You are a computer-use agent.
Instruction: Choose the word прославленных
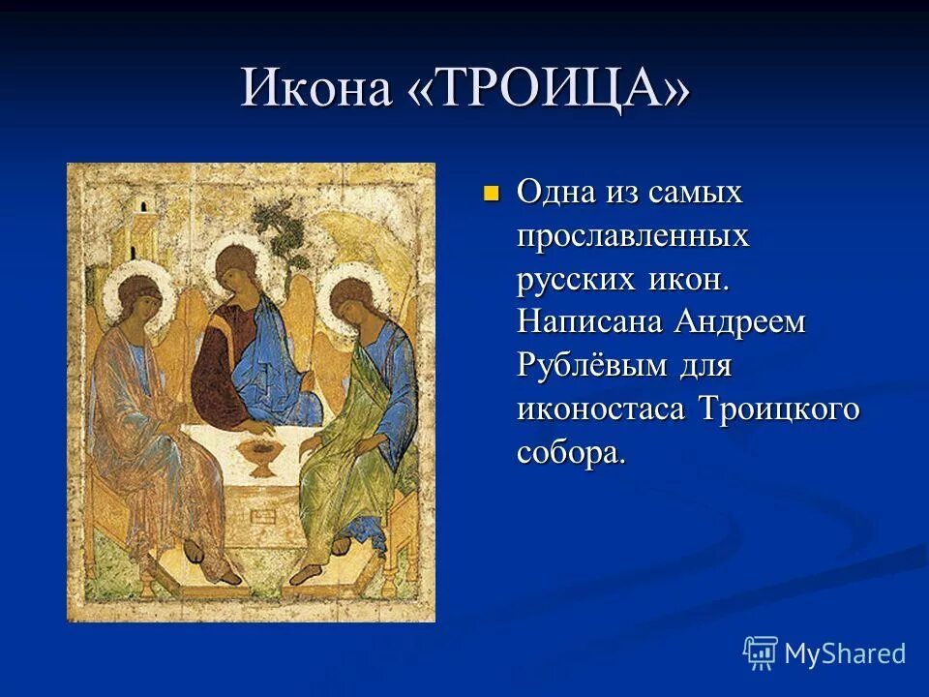(634, 234)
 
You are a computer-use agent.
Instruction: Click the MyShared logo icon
(761, 652)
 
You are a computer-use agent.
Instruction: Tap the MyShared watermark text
(844, 653)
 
